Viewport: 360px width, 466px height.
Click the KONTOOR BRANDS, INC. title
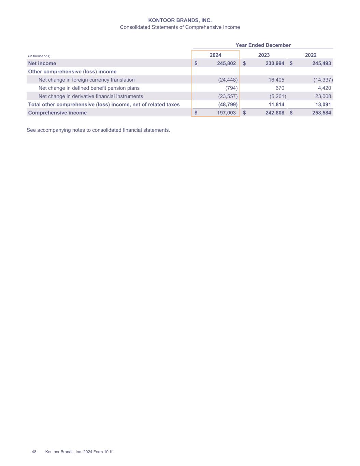180,20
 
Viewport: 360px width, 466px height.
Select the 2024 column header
215,55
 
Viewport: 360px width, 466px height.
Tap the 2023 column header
264,55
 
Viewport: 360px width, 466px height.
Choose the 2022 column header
311,55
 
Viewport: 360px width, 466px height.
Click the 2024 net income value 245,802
226,63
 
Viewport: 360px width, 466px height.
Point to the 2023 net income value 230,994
275,63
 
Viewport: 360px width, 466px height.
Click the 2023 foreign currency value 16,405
276,80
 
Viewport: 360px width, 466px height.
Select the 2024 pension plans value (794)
231,88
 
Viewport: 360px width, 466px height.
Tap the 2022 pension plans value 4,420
324,88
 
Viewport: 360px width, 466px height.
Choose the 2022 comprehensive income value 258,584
321,113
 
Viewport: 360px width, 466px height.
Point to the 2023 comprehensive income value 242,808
275,113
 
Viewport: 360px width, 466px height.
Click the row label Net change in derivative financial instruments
91,96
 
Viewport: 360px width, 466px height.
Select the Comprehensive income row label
57,113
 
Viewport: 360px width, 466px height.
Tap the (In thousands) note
39,56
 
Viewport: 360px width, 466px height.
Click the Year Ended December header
263,45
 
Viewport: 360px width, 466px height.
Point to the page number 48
34,452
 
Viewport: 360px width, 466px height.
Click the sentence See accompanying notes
98,130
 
